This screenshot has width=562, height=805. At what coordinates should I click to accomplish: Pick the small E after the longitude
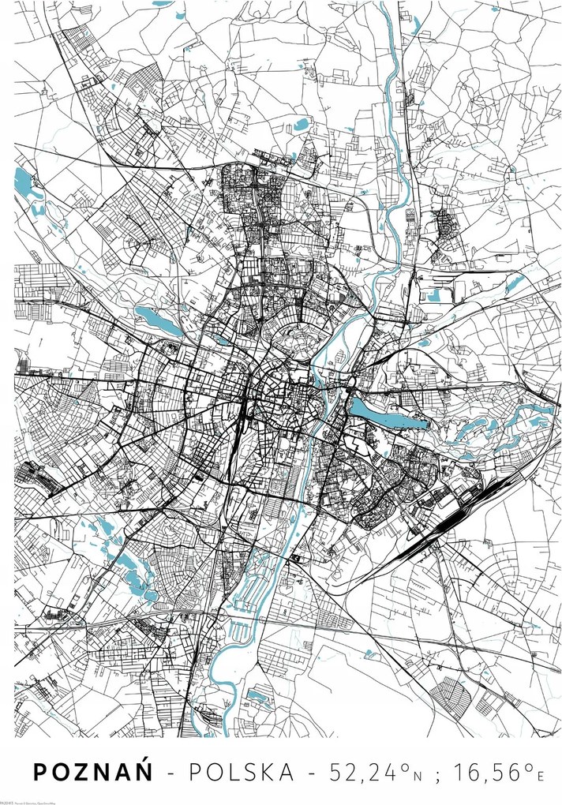point(540,777)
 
